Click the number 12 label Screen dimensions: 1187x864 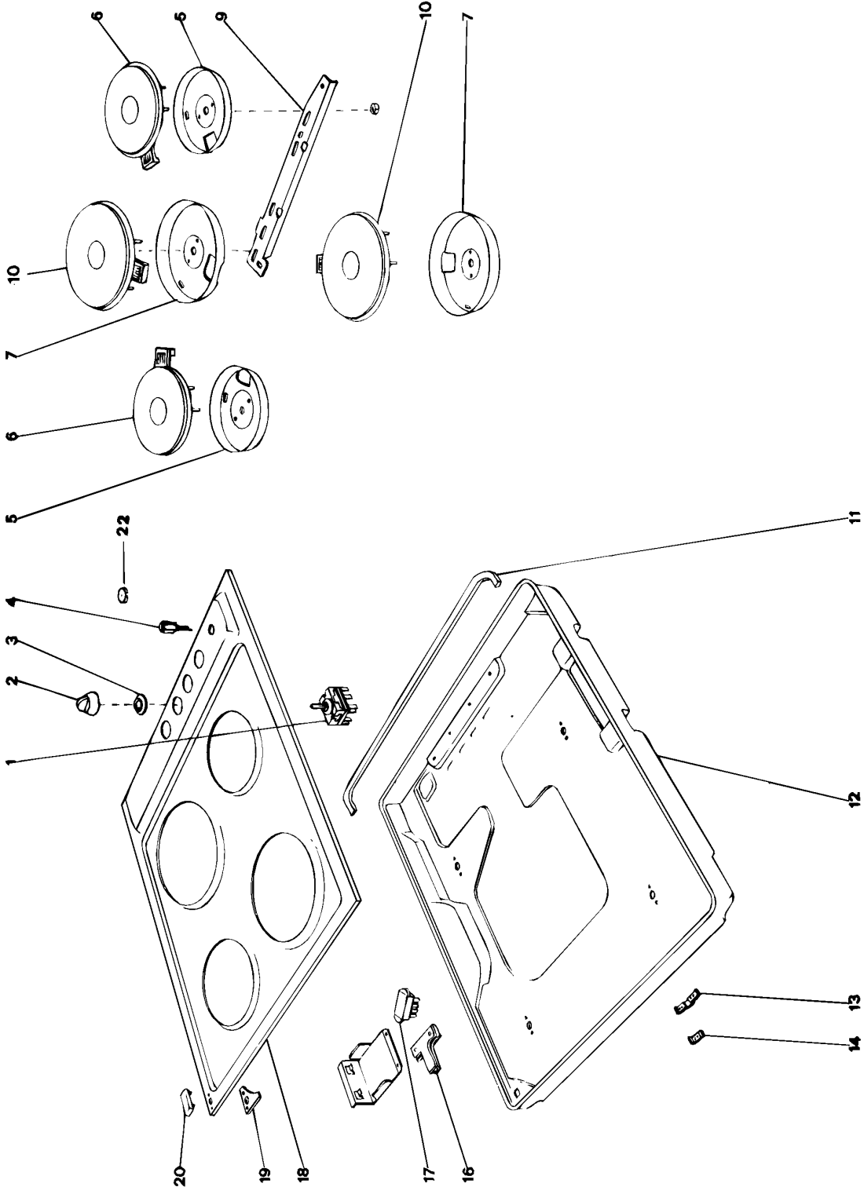855,798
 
